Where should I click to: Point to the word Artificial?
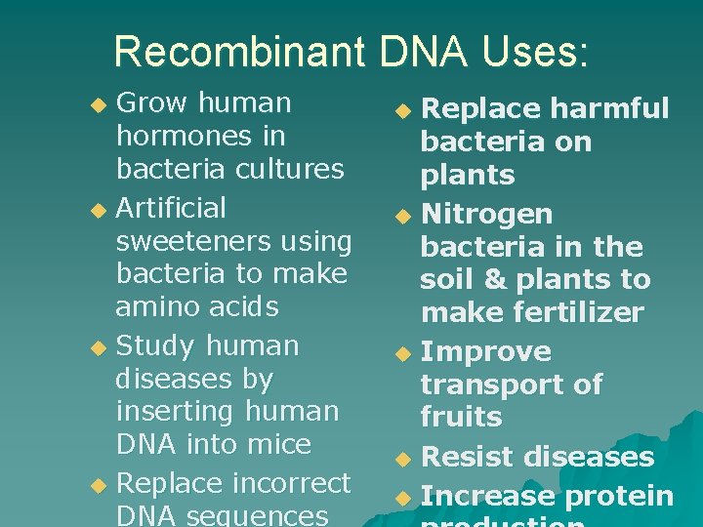(171, 208)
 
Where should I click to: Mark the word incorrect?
(286, 483)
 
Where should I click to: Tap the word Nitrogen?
(486, 214)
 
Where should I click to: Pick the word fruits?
(461, 418)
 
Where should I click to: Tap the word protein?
(616, 496)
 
